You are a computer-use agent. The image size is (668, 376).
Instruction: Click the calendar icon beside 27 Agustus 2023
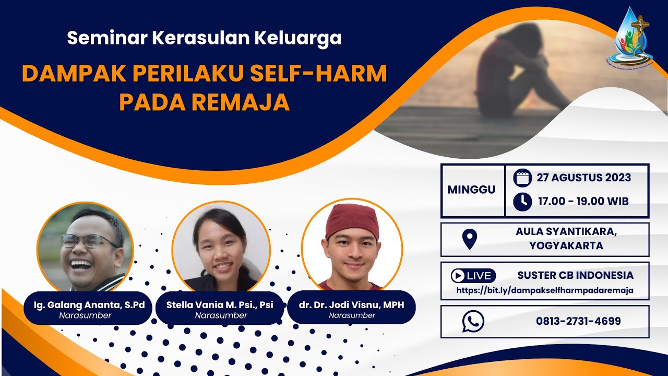[522, 178]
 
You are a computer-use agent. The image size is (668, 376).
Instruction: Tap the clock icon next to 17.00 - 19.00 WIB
[522, 201]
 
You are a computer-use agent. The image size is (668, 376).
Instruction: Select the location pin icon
[470, 239]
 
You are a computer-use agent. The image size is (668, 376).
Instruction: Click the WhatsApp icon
[473, 321]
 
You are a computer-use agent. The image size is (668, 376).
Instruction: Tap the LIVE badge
[473, 276]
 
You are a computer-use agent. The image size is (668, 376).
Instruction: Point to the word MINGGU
[471, 190]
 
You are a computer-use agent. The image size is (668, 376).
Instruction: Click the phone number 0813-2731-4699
[578, 321]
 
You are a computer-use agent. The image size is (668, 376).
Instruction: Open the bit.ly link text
[545, 290]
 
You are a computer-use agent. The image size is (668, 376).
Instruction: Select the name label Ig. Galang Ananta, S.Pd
[85, 305]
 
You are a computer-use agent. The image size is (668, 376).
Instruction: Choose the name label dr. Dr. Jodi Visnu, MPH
[352, 305]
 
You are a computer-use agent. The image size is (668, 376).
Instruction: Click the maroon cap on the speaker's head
[352, 219]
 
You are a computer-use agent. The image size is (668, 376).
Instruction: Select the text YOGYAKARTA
[566, 245]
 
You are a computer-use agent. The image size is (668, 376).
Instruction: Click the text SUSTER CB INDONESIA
[575, 275]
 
